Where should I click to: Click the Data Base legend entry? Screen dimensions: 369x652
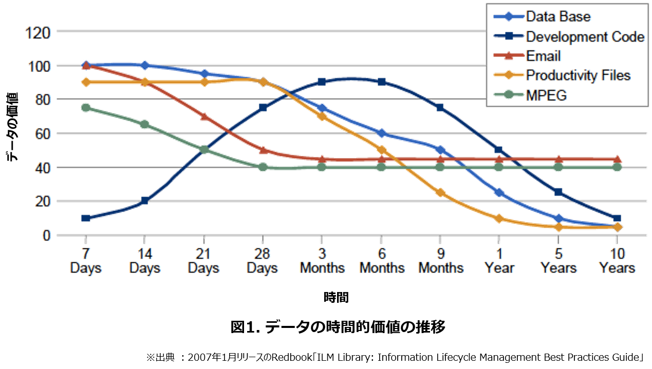point(558,16)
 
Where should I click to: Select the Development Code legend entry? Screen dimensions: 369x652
point(585,36)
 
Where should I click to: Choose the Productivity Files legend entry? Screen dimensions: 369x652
point(578,75)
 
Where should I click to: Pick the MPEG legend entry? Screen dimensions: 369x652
point(546,95)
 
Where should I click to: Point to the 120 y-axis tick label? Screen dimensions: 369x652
point(39,32)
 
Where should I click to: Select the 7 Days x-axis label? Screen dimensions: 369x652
point(86,261)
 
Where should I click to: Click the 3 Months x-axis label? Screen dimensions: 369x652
point(322,261)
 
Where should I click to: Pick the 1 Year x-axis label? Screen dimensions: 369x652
point(498,261)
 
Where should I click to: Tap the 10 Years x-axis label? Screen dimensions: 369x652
point(617,261)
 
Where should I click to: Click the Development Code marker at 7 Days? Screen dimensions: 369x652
point(86,218)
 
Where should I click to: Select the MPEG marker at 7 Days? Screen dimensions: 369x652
point(86,108)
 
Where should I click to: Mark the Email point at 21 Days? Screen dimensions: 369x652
point(204,116)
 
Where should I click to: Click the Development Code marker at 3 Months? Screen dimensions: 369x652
point(322,82)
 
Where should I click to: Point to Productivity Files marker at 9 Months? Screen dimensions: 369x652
point(440,192)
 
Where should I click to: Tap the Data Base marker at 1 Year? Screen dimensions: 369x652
point(498,192)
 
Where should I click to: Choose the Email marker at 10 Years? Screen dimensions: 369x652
point(617,159)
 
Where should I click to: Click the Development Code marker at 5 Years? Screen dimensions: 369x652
point(558,192)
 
